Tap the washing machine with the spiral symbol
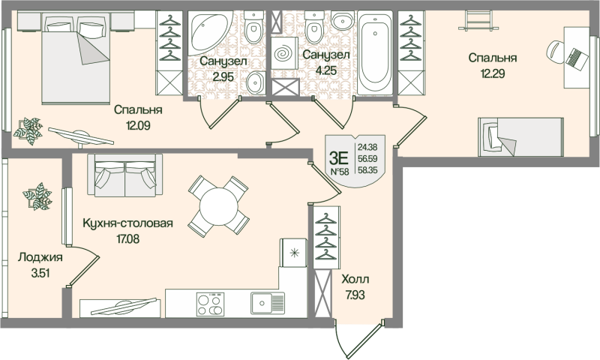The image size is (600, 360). (x=284, y=55)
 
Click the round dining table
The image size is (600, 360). (x=217, y=204)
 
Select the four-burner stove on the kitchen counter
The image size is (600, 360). (x=208, y=304)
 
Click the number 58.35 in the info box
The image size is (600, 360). (x=367, y=171)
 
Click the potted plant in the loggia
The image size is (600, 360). (x=34, y=196)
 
